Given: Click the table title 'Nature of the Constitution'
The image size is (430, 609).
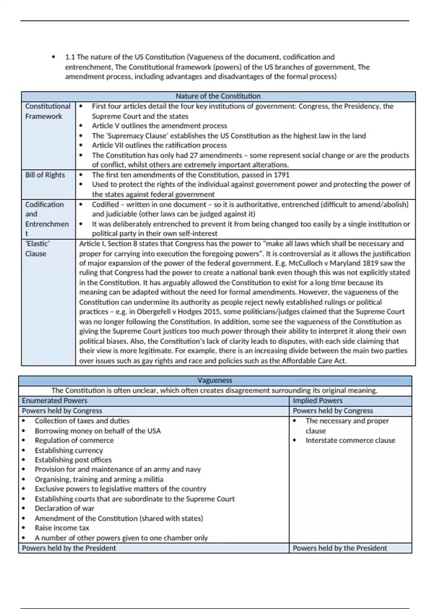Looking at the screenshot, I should pos(218,96).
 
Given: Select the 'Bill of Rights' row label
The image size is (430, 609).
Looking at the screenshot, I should pos(45,175).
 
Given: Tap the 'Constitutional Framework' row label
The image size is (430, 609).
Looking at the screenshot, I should pos(48,111).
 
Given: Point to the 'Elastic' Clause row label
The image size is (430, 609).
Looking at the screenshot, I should pos(37,249).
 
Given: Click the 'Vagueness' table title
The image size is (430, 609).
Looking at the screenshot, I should pos(215,380).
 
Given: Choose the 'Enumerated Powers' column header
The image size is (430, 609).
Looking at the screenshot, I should pos(54,401).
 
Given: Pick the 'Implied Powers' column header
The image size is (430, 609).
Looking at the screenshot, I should pos(317,401).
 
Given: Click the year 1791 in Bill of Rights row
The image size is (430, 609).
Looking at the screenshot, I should pos(282,175).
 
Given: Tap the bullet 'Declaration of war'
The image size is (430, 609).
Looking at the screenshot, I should pos(64,508).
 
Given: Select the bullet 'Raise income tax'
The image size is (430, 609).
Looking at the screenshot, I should pos(62,528).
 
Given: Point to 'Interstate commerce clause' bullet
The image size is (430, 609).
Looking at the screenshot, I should pos(350,441).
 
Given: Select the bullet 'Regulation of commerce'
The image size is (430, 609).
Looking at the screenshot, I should pos(74,441).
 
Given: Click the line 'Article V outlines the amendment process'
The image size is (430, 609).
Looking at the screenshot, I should pos(159,126).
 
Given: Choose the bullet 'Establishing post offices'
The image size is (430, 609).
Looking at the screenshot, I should pos(73,460).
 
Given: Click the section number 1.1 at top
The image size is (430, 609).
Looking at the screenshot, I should pos(70,57).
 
